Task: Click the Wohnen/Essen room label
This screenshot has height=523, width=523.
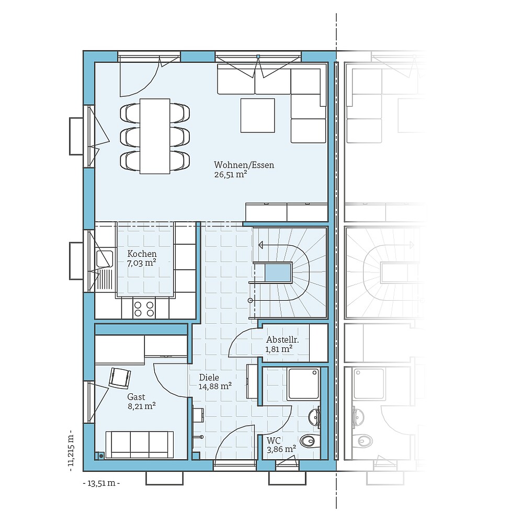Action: coord(244,165)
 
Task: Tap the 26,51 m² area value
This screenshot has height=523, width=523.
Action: coord(230,175)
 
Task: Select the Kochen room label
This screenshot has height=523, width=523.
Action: coord(142,254)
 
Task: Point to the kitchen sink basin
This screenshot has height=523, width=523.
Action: coord(104,258)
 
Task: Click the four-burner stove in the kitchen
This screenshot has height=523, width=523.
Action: coord(144,309)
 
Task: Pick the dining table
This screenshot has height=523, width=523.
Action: coord(155,136)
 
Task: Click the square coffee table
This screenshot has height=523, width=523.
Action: coord(257,115)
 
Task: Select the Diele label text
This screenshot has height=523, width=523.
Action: coord(209,377)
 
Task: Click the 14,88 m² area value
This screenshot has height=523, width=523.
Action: coord(215,386)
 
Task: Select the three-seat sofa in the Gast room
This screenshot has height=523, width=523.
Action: coord(140,445)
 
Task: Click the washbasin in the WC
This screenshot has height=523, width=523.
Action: coord(314,417)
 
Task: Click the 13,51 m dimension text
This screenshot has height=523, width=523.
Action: coord(101,483)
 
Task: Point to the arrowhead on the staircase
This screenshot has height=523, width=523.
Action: coord(261,244)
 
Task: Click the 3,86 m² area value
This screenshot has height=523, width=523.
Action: coord(281,449)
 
